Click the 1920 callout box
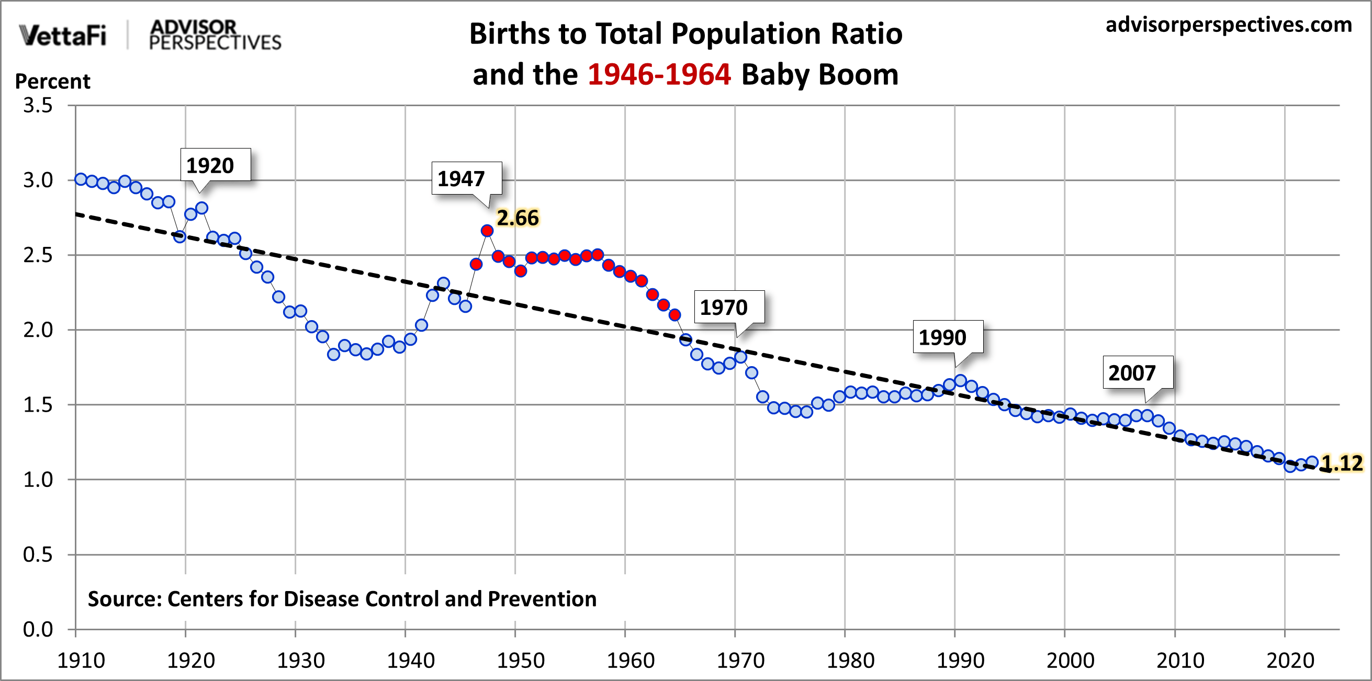pos(215,165)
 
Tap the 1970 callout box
pos(728,307)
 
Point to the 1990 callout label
pos(947,337)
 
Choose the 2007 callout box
pos(1137,373)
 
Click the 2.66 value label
pos(517,218)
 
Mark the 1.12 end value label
pos(1342,463)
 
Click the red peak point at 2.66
pos(487,231)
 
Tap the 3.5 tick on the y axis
pos(38,106)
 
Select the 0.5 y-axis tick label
pos(38,554)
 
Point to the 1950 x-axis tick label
pos(520,660)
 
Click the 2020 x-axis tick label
pos(1289,660)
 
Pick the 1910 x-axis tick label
pos(81,660)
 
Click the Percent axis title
pos(52,82)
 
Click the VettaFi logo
pos(62,35)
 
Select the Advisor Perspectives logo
pos(215,35)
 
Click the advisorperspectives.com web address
pos(1228,25)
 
